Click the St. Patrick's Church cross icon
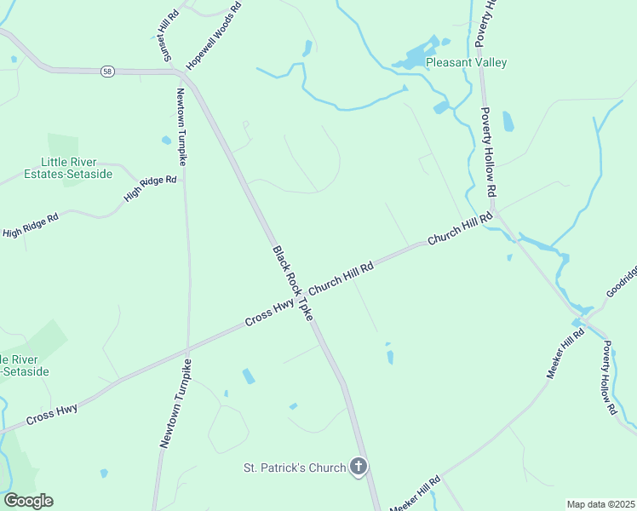(x=359, y=466)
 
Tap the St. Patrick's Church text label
(x=295, y=468)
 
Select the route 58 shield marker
(x=106, y=71)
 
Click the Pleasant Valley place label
(x=466, y=62)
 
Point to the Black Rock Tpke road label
(x=293, y=284)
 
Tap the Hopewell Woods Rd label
(x=214, y=36)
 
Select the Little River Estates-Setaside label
(x=69, y=168)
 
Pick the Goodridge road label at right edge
(x=621, y=282)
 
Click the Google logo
(x=28, y=501)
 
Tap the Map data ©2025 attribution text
(x=601, y=504)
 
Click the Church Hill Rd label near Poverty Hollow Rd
(x=460, y=229)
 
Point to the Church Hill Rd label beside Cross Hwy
(x=341, y=278)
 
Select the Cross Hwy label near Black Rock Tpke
(x=270, y=313)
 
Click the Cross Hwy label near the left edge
(x=52, y=416)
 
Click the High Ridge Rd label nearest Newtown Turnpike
(x=150, y=188)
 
